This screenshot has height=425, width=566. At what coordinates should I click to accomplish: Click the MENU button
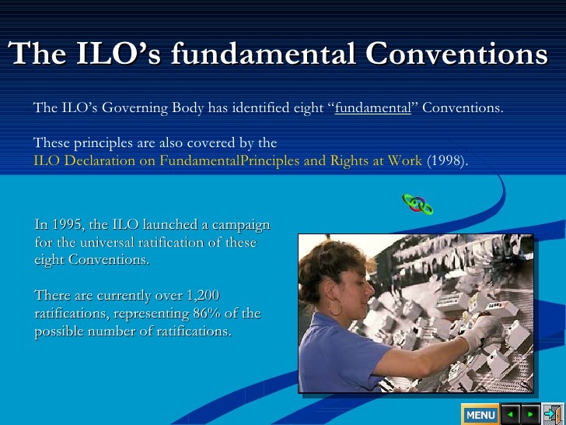click(480, 414)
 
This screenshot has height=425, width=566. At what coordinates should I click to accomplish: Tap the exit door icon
click(553, 413)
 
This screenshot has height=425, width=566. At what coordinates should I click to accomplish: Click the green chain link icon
click(418, 204)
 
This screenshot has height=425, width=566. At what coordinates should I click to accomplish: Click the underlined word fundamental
click(372, 108)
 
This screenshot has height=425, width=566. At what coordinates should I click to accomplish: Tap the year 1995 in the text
click(68, 225)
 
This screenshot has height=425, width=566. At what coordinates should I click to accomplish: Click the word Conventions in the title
click(456, 54)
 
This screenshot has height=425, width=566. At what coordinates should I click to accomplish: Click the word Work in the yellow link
click(406, 161)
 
